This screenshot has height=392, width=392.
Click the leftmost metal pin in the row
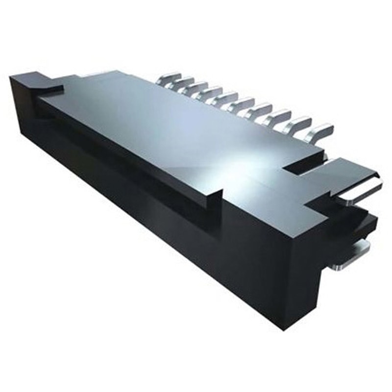[169, 78]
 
